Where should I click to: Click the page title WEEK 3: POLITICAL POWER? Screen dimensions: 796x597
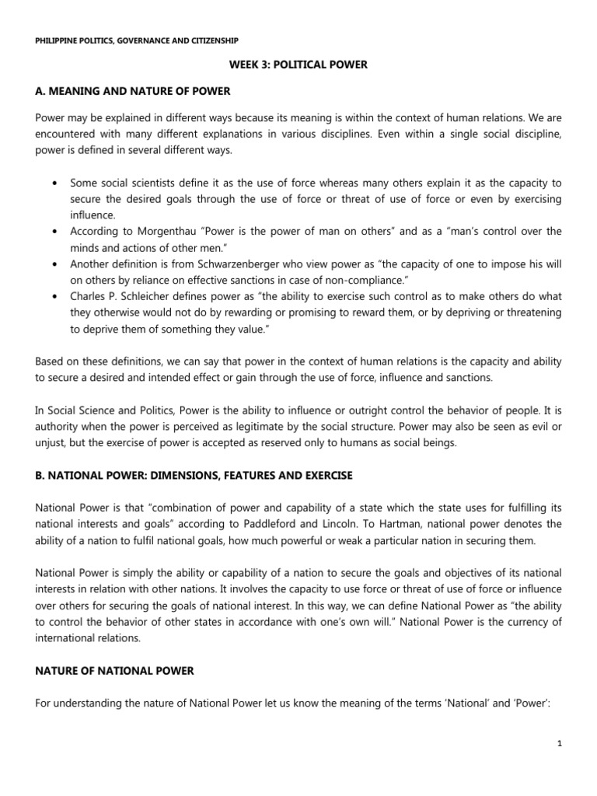pyautogui.click(x=298, y=65)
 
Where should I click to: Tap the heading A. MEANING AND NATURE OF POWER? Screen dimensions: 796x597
pyautogui.click(x=133, y=91)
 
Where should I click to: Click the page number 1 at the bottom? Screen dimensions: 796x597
pyautogui.click(x=559, y=743)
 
